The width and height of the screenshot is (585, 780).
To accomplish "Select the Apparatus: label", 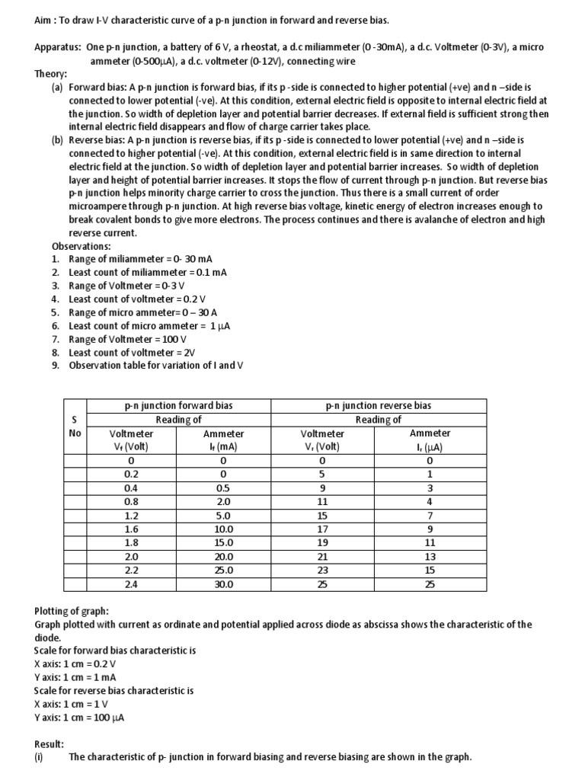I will [59, 47].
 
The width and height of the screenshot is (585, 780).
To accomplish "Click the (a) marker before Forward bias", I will [57, 88].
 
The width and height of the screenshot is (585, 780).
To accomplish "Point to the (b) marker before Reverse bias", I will [57, 141].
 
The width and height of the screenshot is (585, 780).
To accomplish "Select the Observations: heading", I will [81, 247].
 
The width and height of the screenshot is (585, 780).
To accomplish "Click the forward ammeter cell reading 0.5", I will [223, 488].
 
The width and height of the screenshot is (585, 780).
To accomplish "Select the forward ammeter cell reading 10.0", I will [223, 529].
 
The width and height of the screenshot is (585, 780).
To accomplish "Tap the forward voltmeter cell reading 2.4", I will [131, 584].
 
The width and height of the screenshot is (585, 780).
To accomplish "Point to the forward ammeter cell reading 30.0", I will [223, 584].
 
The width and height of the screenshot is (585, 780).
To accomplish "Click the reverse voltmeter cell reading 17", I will [322, 529].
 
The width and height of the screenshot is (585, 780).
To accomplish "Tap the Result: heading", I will [50, 743].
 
